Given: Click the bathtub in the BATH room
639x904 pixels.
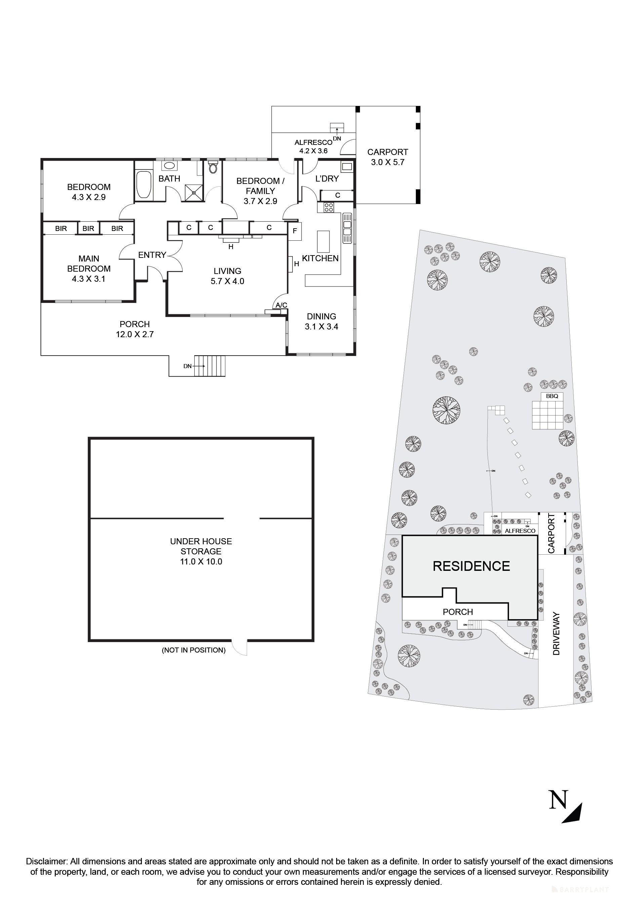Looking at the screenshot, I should click(x=143, y=185).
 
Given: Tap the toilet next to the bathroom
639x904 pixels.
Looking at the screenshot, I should click(x=213, y=168).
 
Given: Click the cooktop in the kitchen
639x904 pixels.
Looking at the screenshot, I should click(x=329, y=207).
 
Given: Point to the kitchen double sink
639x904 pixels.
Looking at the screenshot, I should click(x=347, y=228).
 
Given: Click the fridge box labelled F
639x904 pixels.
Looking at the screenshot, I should click(x=295, y=232).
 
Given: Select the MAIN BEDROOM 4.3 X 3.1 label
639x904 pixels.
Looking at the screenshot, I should click(x=89, y=269).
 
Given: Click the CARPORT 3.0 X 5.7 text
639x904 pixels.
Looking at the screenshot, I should click(x=388, y=157).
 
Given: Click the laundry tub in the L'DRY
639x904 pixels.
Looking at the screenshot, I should click(x=347, y=167).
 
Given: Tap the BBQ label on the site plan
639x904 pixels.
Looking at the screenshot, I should click(x=552, y=396).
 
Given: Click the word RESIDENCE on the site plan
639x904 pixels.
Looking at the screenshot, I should click(x=471, y=566).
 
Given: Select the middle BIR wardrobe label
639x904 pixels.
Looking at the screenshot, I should click(x=88, y=228).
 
